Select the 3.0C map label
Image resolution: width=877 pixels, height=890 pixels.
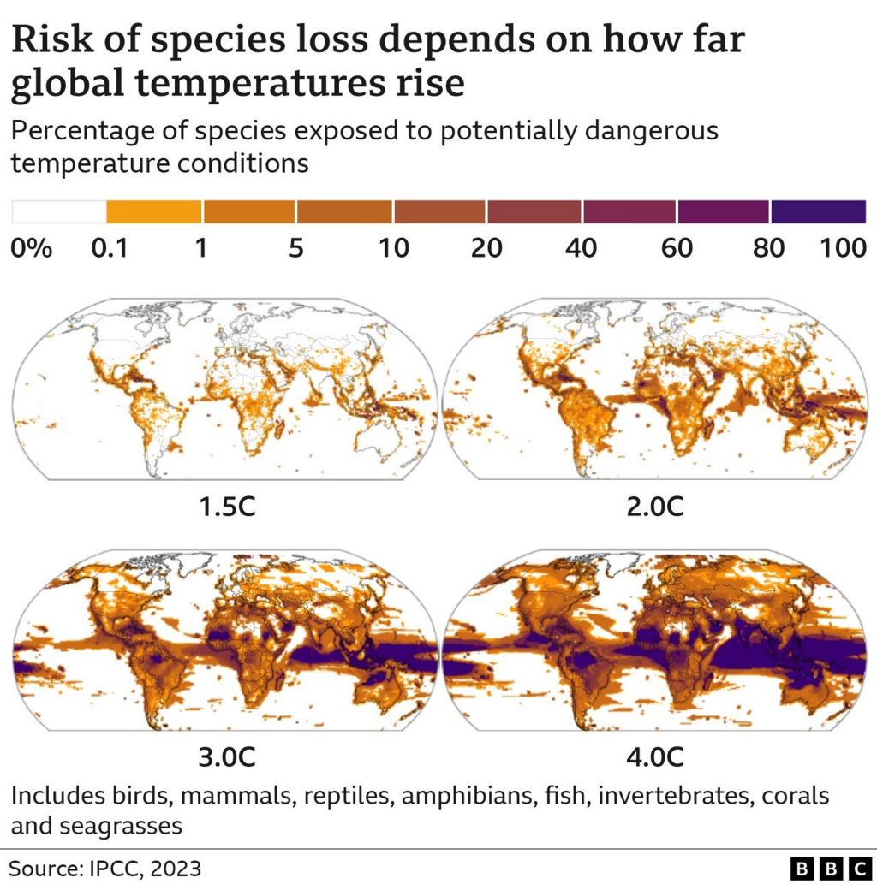pyautogui.click(x=226, y=757)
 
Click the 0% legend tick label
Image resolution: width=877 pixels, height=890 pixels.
pyautogui.click(x=32, y=249)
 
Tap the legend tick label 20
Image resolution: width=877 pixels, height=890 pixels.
pyautogui.click(x=486, y=249)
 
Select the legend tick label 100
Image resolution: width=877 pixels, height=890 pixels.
pyautogui.click(x=844, y=249)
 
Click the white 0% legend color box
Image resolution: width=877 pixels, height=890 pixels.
pyautogui.click(x=58, y=211)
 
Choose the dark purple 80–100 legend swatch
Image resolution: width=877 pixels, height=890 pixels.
pyautogui.click(x=818, y=211)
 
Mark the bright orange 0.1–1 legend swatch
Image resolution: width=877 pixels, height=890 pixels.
pyautogui.click(x=154, y=211)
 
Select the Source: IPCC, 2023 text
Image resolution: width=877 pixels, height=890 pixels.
pyautogui.click(x=106, y=869)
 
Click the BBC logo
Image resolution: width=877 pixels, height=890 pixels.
pyautogui.click(x=830, y=869)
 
